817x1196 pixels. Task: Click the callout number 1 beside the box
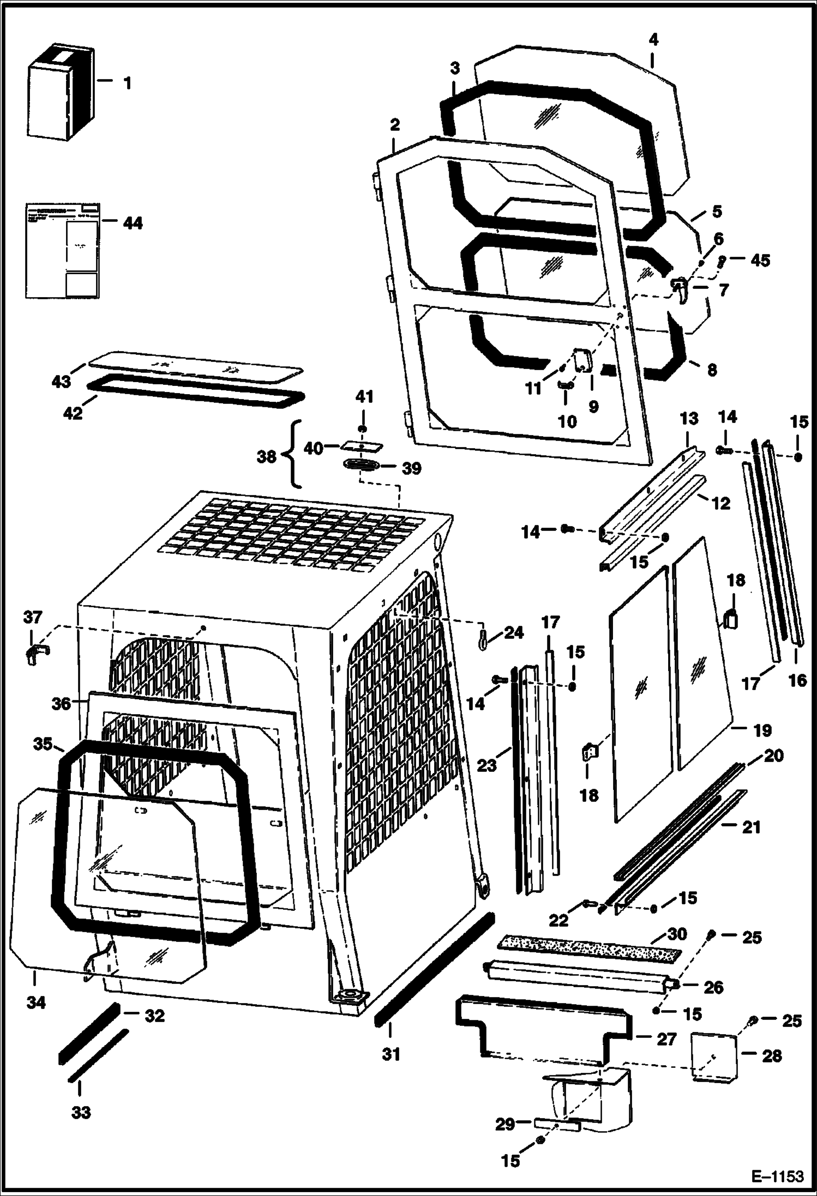pos(127,83)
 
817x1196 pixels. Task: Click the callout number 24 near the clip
pos(513,632)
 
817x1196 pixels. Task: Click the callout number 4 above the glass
pos(653,39)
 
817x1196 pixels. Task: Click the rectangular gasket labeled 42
pos(196,392)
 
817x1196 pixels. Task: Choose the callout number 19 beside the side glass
pos(762,729)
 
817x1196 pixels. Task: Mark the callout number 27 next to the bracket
pos(666,1039)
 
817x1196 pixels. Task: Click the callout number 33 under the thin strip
pos(81,1112)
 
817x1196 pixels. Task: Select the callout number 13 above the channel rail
pos(689,419)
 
